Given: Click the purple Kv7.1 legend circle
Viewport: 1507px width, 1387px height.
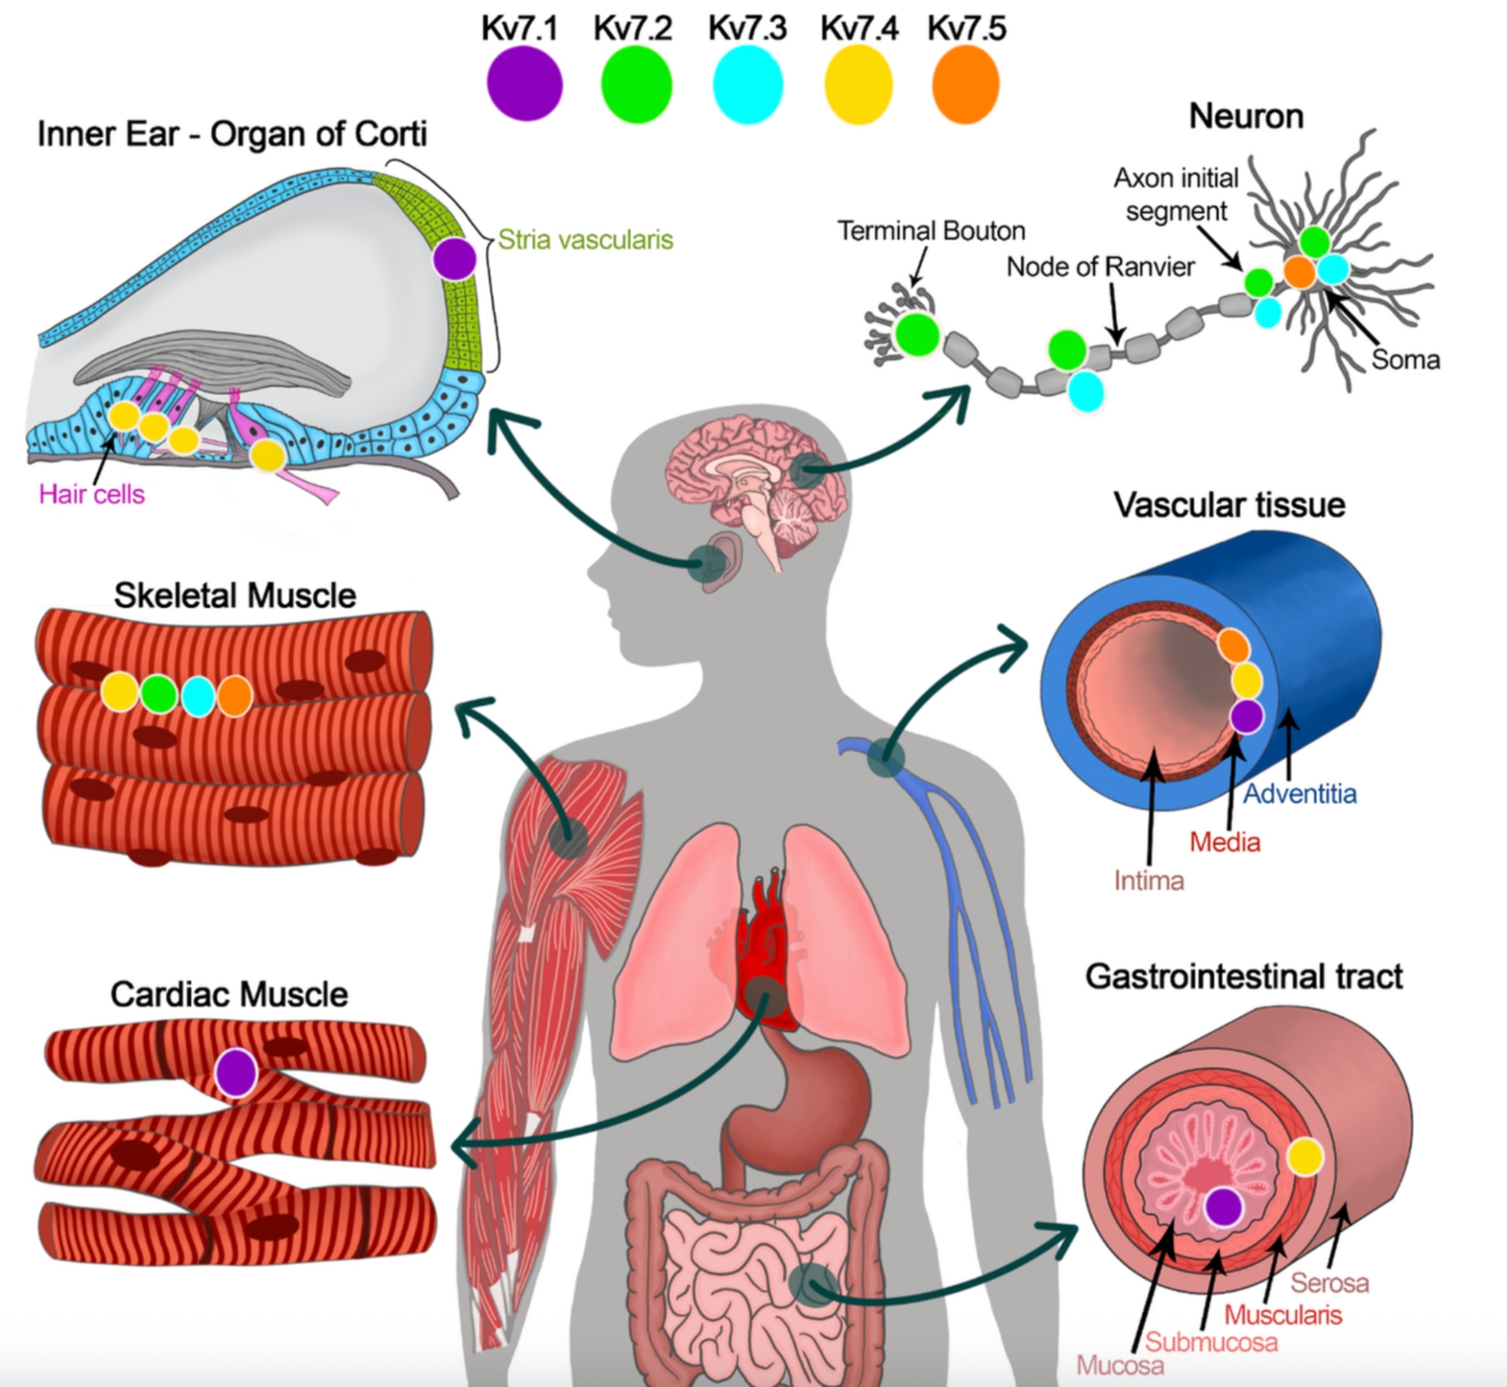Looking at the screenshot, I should (524, 84).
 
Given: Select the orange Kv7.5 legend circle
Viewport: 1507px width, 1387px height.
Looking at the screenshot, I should (965, 84).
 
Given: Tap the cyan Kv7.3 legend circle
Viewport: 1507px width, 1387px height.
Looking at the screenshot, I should (747, 84).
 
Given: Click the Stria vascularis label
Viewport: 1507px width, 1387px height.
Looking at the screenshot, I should (585, 240).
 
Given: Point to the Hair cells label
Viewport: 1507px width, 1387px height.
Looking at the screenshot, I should (91, 494).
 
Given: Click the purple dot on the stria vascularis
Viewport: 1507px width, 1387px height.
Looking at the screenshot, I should (455, 259).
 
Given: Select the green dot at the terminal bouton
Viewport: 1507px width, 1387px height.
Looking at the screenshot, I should (917, 334).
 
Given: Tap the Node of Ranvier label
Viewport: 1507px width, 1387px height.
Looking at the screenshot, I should (1100, 267).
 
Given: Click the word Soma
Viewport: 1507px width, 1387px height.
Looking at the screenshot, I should (1405, 359).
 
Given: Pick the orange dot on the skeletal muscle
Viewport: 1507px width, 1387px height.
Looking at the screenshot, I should (234, 694).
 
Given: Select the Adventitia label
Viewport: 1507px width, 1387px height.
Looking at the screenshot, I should (1300, 794).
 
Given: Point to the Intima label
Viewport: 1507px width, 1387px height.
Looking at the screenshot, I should (1149, 880).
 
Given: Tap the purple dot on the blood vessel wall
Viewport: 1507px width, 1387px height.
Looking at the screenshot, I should (1247, 715).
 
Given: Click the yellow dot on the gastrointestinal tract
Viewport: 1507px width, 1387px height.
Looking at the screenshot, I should (1305, 1156).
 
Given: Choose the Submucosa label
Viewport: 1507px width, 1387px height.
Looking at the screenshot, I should (1211, 1342).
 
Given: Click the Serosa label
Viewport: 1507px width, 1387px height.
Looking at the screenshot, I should (1330, 1283).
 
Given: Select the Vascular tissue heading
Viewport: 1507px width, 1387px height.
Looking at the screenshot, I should (1229, 505).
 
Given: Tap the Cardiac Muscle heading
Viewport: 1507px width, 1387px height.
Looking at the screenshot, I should (229, 994).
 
